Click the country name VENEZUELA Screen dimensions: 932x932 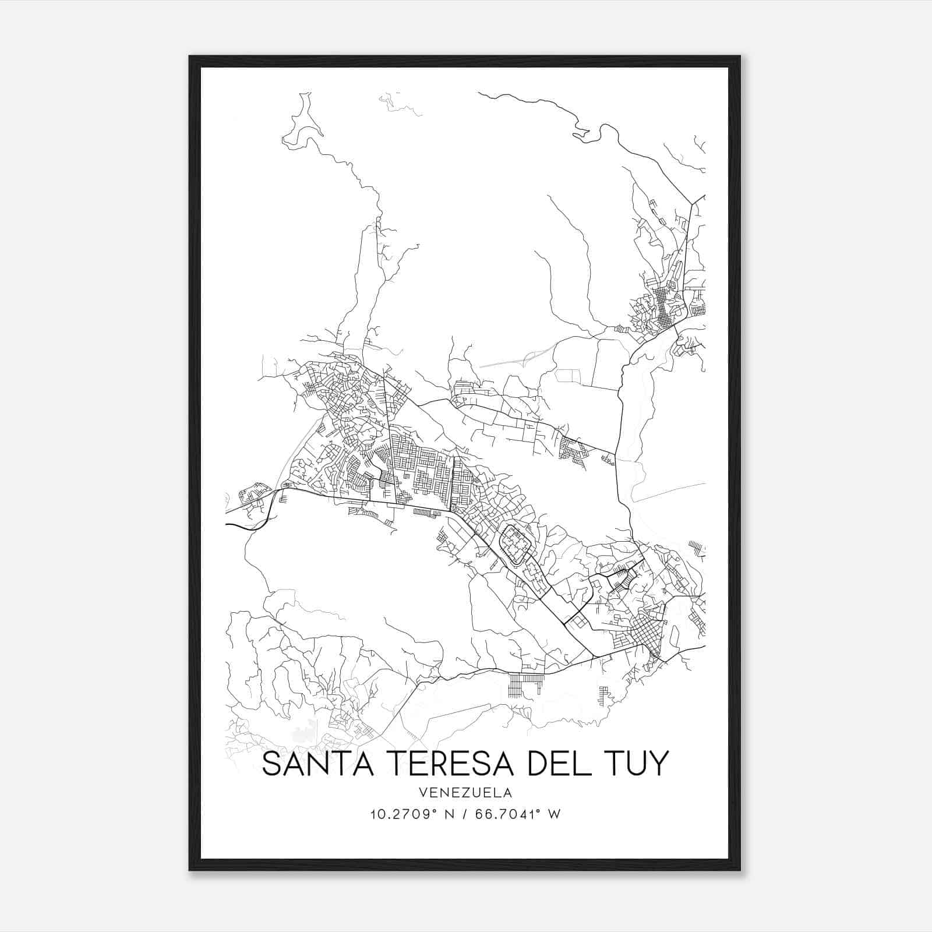coord(464,793)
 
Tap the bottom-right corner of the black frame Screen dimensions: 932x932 coord(740,870)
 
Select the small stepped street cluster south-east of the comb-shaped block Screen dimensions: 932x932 coord(605,694)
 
